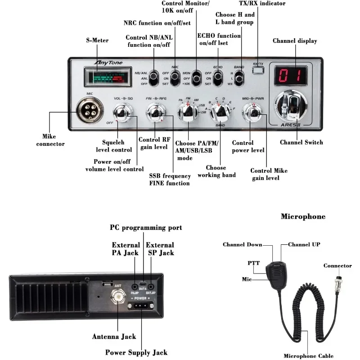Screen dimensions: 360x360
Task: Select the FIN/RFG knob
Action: [155, 111]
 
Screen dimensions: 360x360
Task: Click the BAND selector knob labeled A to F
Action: [220, 111]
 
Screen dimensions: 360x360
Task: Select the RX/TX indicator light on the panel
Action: [258, 70]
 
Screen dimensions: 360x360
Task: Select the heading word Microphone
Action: [303, 217]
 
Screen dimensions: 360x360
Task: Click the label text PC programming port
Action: [146, 228]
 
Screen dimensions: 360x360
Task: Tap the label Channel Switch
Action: [301, 143]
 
